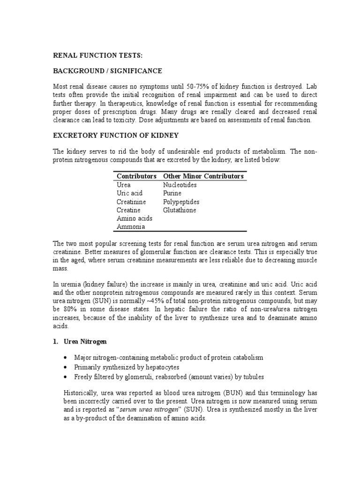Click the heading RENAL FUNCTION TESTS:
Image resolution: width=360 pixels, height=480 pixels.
[x=97, y=55]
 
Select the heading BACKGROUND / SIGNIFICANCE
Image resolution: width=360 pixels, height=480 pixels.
[x=107, y=71]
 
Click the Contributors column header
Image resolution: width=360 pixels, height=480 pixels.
[x=136, y=176]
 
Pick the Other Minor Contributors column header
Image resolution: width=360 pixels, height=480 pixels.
[x=203, y=176]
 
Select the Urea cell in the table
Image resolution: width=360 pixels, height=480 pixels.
[x=124, y=185]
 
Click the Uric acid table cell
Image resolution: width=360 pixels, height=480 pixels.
[x=129, y=193]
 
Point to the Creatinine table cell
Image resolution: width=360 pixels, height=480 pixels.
[x=131, y=202]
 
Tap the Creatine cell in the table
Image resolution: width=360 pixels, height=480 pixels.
[x=129, y=210]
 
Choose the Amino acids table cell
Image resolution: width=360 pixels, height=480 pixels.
[x=131, y=218]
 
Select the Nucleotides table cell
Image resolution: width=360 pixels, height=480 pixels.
[x=180, y=185]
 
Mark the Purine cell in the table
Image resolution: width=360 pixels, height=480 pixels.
[x=172, y=193]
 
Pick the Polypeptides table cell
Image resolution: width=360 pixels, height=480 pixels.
[x=181, y=202]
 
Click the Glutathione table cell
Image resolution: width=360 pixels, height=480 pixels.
[x=180, y=210]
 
